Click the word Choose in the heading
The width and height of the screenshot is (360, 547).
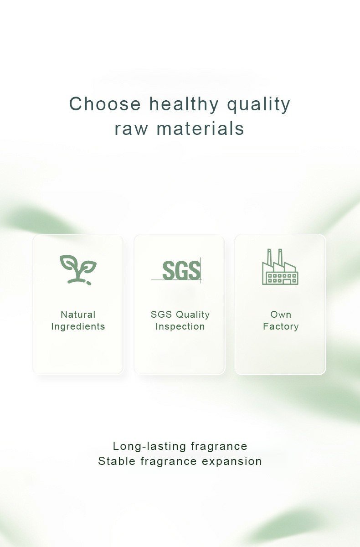point(105,103)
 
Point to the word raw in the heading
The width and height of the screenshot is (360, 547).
point(131,129)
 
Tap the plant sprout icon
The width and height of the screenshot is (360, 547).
point(78,270)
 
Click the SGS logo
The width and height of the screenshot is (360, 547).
point(176,270)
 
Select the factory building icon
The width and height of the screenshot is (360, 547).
point(280,267)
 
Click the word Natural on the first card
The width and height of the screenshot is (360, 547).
point(78,315)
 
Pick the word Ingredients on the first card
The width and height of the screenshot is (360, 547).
point(78,327)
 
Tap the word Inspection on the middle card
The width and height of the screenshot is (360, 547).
point(180,327)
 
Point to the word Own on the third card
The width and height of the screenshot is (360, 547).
point(281,315)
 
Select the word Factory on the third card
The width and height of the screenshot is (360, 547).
point(281,327)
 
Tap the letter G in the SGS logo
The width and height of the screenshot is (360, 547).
point(181,270)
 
